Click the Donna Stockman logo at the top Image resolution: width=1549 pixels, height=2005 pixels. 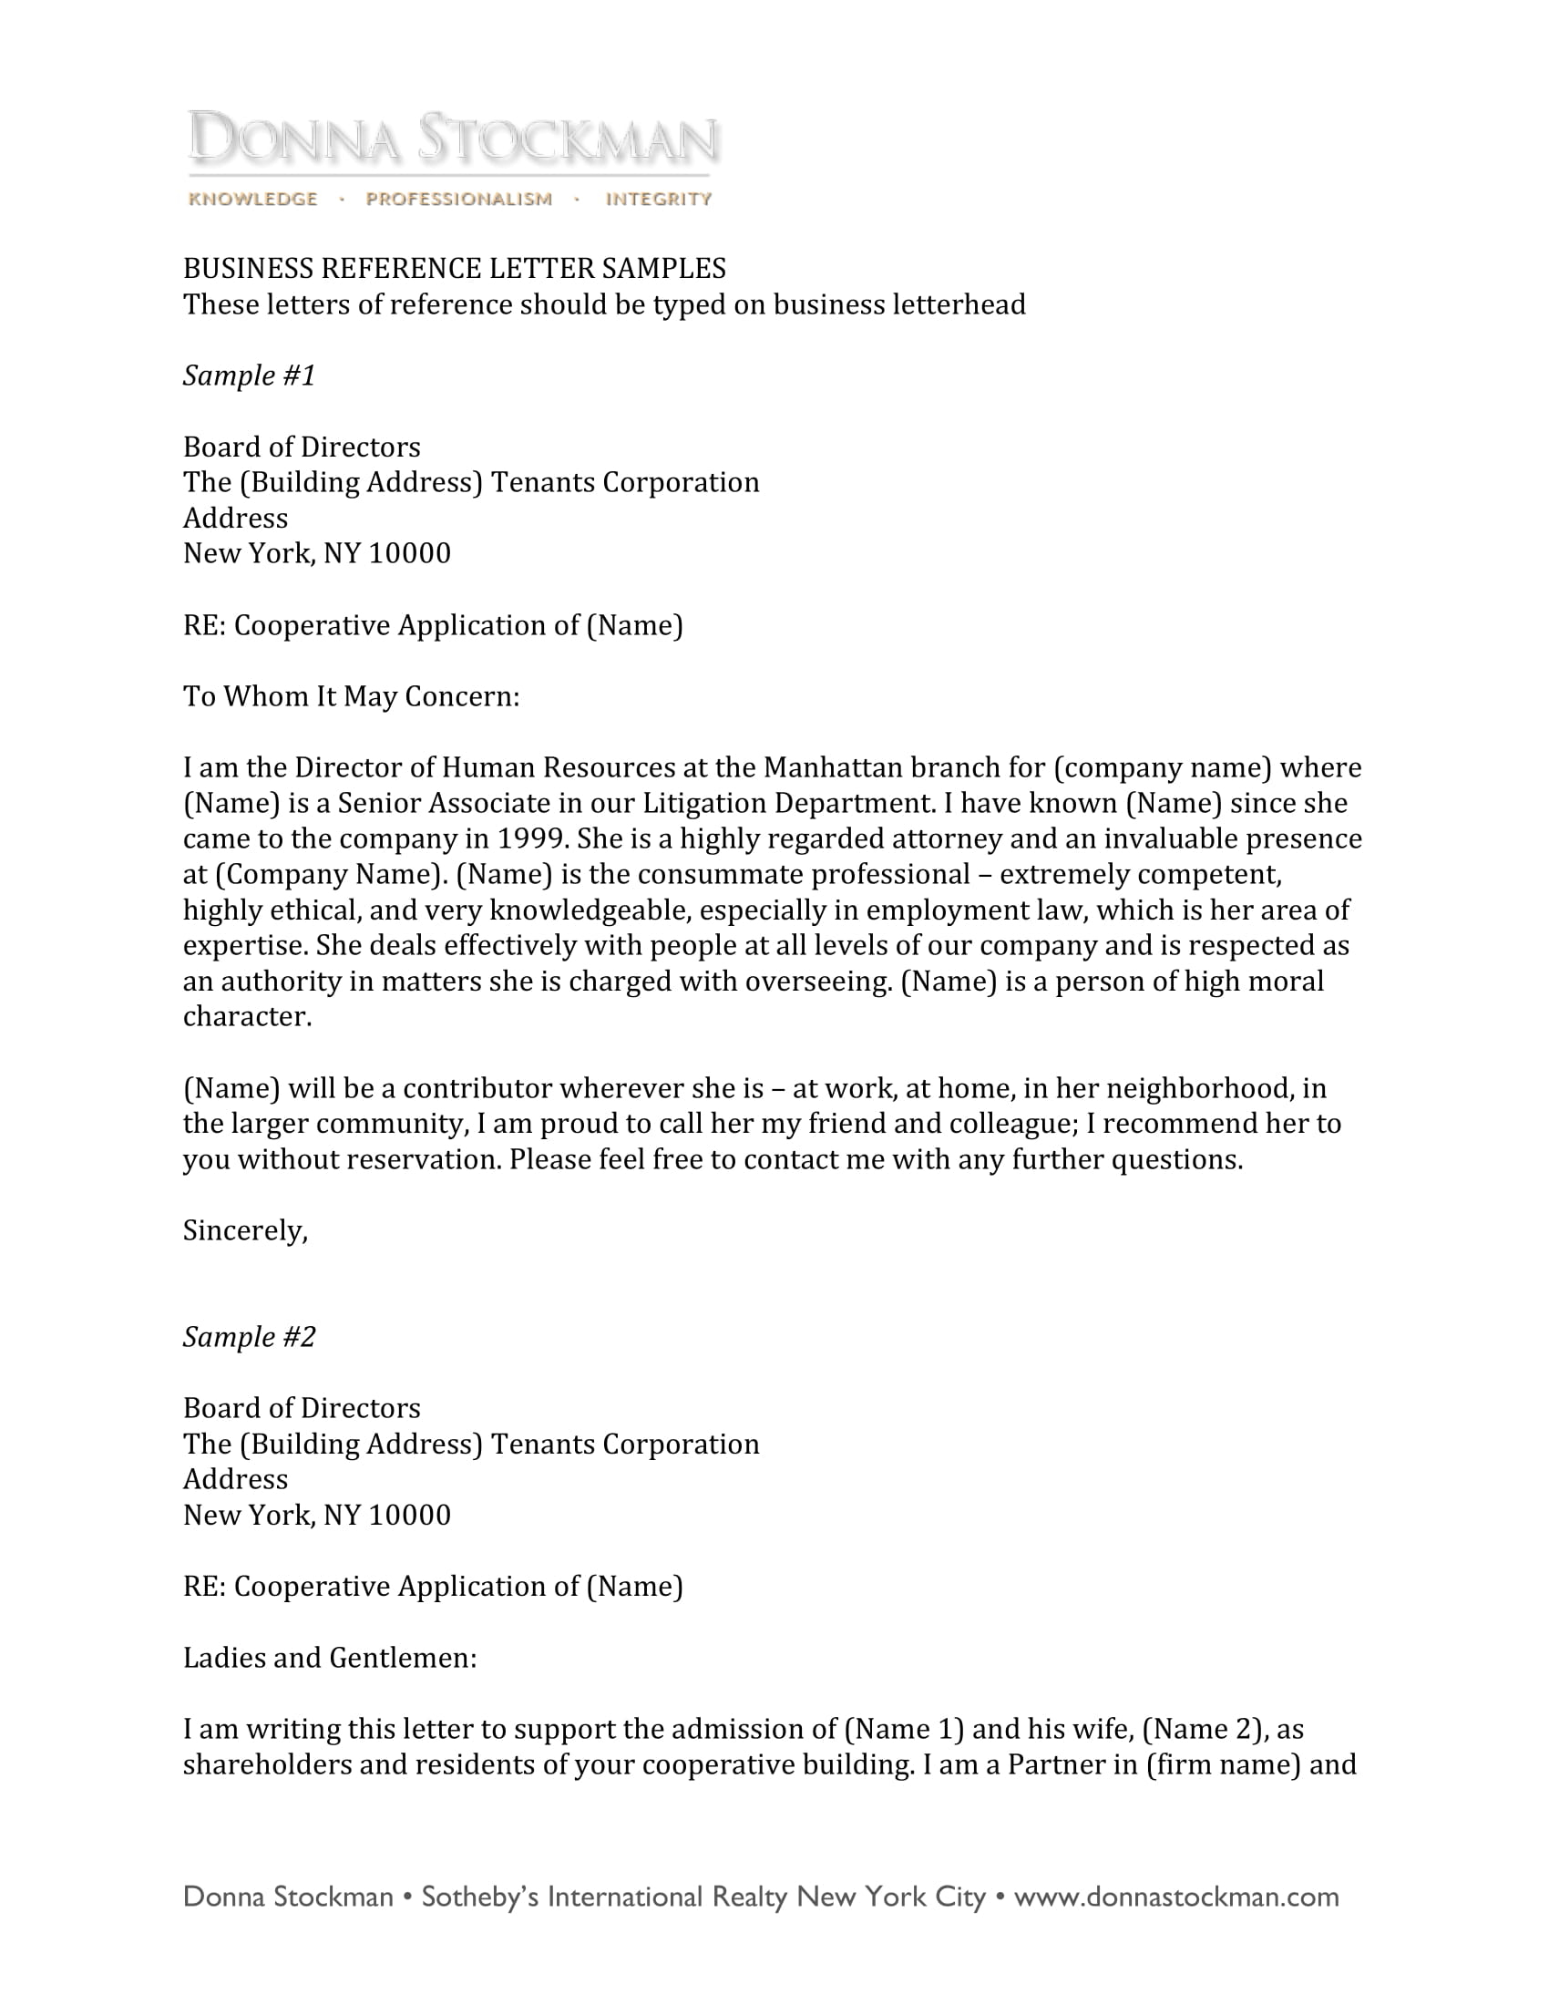pos(453,139)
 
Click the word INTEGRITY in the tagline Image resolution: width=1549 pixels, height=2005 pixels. pos(658,200)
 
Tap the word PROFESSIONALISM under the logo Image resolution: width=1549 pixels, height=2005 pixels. pos(459,200)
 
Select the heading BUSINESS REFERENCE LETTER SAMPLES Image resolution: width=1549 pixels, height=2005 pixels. pos(455,268)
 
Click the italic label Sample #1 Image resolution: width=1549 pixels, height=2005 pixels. pos(249,375)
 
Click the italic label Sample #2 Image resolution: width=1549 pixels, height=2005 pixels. pos(249,1337)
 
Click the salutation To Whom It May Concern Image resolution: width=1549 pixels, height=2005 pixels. pos(351,697)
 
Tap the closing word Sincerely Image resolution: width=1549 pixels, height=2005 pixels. pos(244,1230)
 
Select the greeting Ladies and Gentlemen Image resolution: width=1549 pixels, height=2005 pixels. pos(330,1658)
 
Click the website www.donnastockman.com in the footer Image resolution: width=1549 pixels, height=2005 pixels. pos(1175,1897)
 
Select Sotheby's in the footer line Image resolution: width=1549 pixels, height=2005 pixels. pos(480,1897)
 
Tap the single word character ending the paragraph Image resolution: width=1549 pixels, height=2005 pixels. pos(246,1017)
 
